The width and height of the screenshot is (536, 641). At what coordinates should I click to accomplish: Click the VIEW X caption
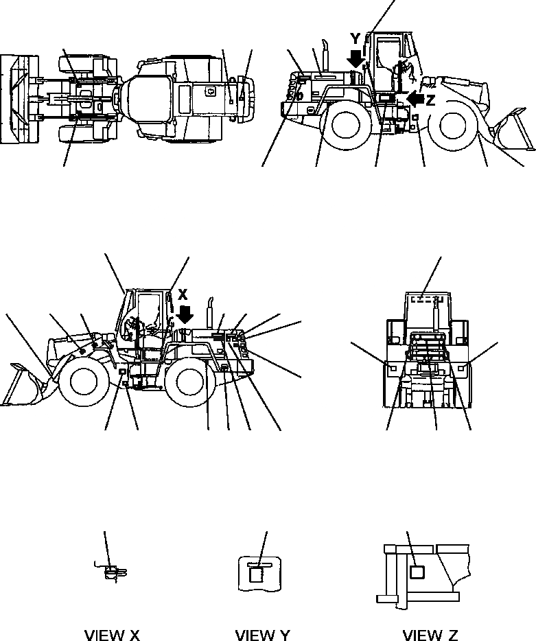click(112, 635)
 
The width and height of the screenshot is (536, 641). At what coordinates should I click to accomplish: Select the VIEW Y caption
click(262, 635)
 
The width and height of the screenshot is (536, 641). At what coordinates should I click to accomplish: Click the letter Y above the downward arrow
click(355, 38)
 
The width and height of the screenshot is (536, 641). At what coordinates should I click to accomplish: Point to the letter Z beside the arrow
click(430, 100)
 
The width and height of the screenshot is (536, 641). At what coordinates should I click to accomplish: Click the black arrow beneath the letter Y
click(356, 58)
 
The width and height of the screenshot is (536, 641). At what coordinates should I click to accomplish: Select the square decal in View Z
click(415, 571)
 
